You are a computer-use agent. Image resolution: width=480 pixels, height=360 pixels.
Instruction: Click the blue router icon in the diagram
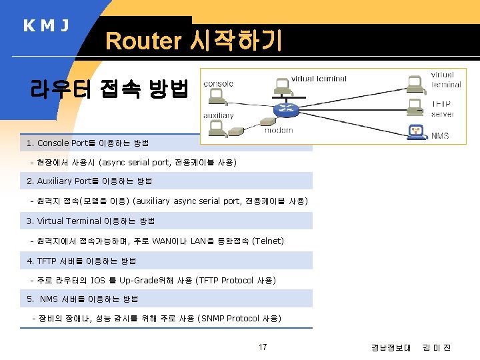[x=288, y=109]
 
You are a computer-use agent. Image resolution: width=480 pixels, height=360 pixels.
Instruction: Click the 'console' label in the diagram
[x=218, y=83]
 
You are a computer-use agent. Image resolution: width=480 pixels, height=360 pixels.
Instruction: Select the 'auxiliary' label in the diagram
[x=219, y=115]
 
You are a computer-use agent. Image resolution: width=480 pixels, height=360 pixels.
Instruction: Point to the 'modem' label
[x=278, y=130]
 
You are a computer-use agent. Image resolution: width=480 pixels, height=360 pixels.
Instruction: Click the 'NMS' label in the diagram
[x=440, y=136]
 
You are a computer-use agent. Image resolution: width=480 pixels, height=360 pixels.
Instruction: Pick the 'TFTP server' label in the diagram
[x=443, y=109]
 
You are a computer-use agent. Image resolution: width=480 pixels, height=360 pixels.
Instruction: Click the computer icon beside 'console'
[x=216, y=97]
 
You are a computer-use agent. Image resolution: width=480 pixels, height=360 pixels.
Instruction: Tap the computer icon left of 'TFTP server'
[x=416, y=107]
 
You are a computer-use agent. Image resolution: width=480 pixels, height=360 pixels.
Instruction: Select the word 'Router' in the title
[x=143, y=41]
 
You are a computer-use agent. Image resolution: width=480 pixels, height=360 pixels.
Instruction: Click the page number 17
[x=263, y=347]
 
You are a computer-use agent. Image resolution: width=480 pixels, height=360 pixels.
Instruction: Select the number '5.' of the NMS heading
[x=31, y=299]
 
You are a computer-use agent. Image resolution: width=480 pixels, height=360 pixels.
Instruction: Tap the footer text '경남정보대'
[x=391, y=347]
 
